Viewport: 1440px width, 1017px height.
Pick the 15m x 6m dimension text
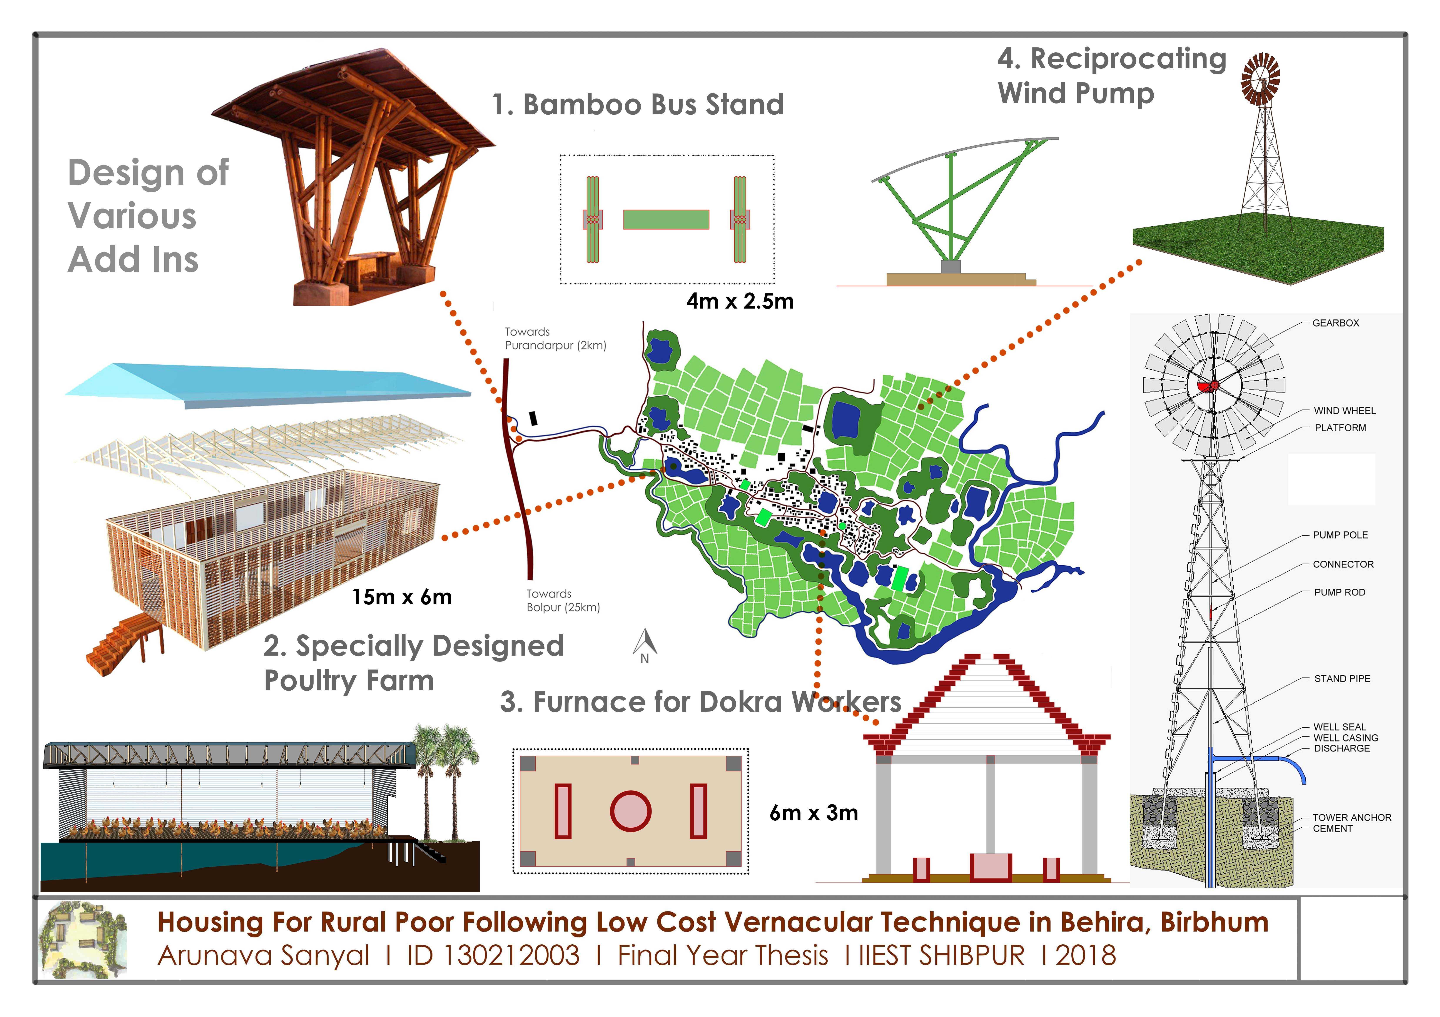pos(401,597)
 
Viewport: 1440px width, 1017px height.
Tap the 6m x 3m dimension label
pos(814,813)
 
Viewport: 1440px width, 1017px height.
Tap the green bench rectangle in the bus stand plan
pos(666,219)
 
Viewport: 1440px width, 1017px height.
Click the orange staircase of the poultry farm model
pos(119,643)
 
